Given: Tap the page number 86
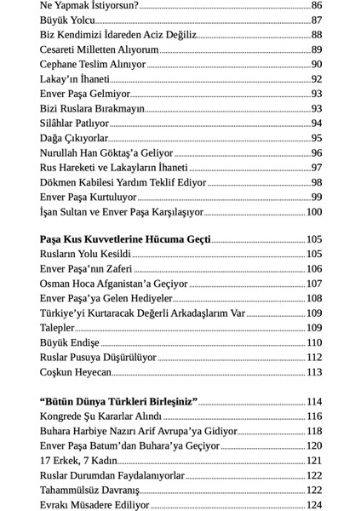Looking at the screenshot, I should click(x=316, y=5).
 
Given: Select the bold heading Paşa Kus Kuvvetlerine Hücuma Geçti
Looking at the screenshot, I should click(x=125, y=239).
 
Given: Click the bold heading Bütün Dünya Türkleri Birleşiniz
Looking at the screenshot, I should click(x=118, y=401).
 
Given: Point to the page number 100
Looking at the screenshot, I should click(x=313, y=212).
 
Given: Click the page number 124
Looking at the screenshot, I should click(x=313, y=505).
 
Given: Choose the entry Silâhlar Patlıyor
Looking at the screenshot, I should click(x=74, y=123).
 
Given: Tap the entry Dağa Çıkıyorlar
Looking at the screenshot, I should click(x=74, y=138).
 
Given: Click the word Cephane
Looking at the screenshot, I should click(x=62, y=64).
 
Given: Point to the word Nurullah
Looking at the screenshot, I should click(x=65, y=152).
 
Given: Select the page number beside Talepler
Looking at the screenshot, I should click(x=313, y=328).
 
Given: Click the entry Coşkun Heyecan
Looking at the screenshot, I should click(x=76, y=372).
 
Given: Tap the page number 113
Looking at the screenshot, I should click(x=313, y=372).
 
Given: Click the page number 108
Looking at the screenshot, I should click(x=313, y=298).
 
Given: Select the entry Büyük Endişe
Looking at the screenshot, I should click(x=70, y=342).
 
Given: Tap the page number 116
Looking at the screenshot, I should click(x=313, y=416).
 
